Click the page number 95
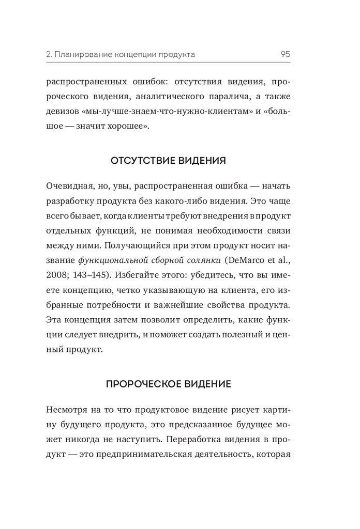pos(285,54)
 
